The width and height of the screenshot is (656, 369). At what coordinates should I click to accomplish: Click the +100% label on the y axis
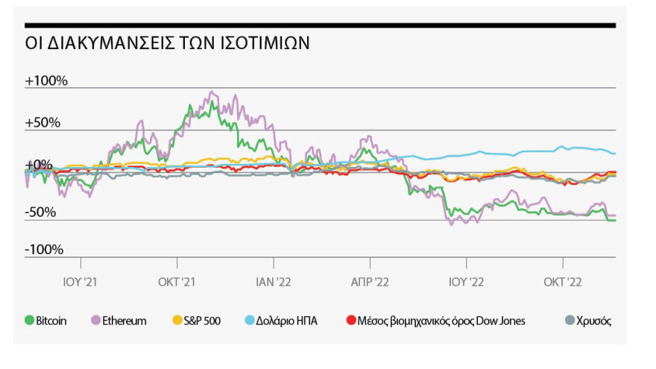[x=46, y=80]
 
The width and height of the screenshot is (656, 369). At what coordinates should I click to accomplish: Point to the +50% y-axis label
[x=42, y=122]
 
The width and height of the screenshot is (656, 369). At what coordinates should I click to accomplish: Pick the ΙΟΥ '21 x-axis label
[x=80, y=282]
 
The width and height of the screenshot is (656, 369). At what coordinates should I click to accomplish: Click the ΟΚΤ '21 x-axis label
[x=177, y=282]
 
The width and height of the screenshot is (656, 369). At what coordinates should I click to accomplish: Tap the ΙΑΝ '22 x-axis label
[x=274, y=282]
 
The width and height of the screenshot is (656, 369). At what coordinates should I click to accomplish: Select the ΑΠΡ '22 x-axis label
[x=370, y=282]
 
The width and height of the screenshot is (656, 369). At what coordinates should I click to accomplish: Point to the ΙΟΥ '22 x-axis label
[x=467, y=282]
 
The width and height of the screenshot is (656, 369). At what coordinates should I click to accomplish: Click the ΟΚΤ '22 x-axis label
[x=563, y=282]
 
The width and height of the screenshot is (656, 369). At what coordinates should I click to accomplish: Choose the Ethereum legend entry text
[x=125, y=321]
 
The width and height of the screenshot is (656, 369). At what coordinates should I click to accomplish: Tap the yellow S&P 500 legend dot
[x=177, y=321]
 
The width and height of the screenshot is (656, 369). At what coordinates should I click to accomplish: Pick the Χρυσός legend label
[x=594, y=321]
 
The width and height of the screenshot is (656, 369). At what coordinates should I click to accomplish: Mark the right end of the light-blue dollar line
[x=615, y=154]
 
